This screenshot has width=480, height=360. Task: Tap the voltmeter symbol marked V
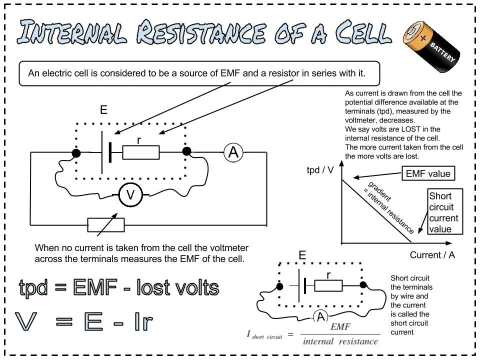pos(131,195)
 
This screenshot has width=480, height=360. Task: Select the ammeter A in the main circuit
pos(233,152)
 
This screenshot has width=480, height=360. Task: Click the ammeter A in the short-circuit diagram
pos(320,316)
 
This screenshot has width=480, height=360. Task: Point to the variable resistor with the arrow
pos(106,224)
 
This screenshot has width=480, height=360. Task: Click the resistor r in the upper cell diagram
pos(141,152)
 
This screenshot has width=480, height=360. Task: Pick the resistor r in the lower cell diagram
pos(328,285)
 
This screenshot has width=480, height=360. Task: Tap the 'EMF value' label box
pos(428,174)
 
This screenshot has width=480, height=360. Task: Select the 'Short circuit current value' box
pos(445,212)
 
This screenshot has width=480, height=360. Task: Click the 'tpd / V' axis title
pos(320,170)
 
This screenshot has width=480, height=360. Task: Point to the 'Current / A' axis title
pos(432,255)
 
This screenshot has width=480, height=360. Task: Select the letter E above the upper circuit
pos(103,110)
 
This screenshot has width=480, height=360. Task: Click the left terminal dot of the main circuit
pos(76,152)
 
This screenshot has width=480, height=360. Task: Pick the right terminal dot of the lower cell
pos(363,285)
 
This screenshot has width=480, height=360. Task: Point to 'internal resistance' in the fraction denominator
pos(340,342)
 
